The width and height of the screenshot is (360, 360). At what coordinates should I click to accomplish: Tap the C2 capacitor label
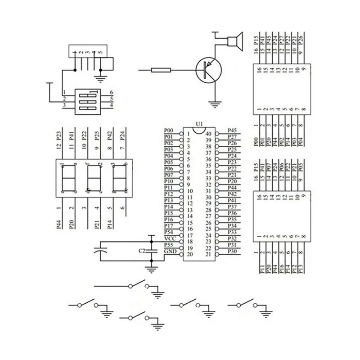142,251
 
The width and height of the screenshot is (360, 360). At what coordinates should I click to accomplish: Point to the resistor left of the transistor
161,70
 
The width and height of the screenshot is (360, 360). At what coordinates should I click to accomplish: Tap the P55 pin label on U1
169,244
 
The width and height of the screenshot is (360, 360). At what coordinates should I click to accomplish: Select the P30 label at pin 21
232,251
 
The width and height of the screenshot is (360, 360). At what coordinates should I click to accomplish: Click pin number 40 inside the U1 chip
208,134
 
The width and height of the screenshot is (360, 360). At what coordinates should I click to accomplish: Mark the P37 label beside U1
232,207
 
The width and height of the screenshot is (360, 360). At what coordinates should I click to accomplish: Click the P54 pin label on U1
169,232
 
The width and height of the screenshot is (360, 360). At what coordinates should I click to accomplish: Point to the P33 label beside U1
232,232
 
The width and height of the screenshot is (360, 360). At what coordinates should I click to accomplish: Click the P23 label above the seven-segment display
58,136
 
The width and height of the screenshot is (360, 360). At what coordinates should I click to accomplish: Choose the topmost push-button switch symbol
137,285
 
